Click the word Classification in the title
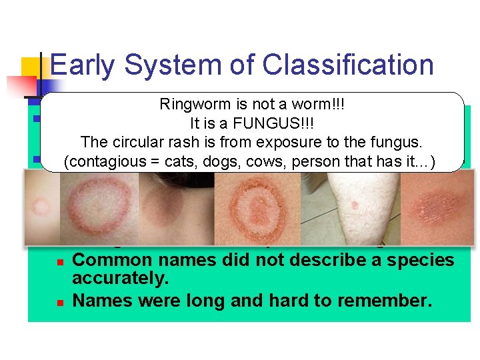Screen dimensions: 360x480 348,65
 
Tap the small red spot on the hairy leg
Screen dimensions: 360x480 355,205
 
